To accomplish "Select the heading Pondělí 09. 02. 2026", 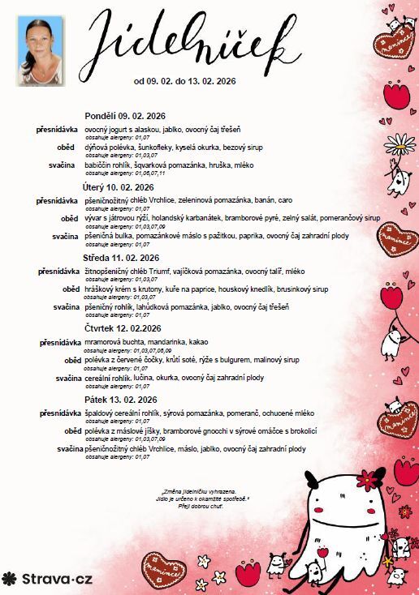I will [x=124, y=117].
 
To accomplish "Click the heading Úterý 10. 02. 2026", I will [x=117, y=186].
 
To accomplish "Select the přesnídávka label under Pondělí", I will [x=57, y=130].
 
